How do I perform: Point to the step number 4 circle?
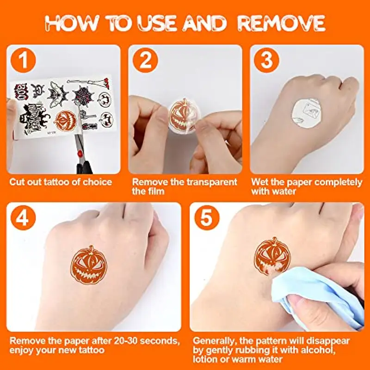pos(24,219)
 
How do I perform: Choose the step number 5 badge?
pos(207,219)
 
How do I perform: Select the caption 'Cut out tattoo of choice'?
pos(61,182)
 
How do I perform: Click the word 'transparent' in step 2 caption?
pos(210,182)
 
